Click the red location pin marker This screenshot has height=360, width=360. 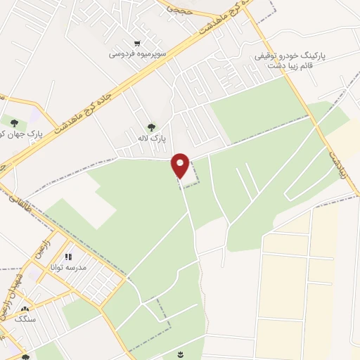click(x=181, y=165)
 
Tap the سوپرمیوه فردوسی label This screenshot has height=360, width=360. click(x=141, y=53)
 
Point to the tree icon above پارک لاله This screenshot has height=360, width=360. click(x=152, y=127)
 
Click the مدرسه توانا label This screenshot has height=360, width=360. click(x=69, y=269)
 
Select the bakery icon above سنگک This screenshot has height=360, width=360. click(x=26, y=309)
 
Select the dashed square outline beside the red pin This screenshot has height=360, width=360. click(x=191, y=173)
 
